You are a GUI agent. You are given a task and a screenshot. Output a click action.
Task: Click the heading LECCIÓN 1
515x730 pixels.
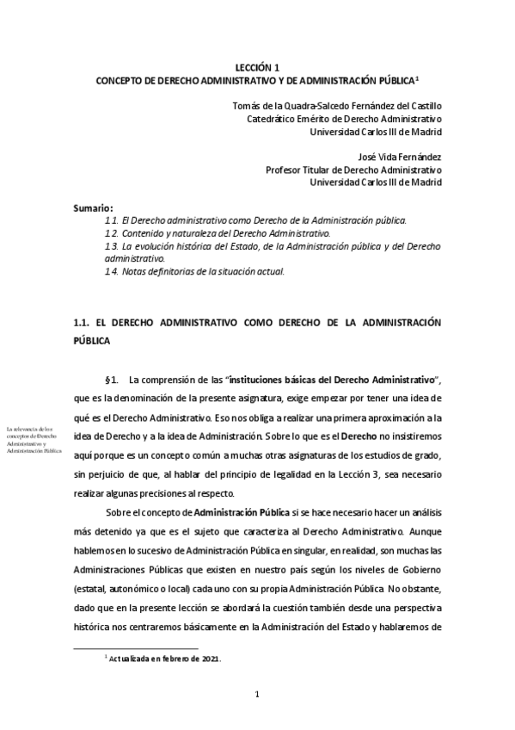pyautogui.click(x=258, y=67)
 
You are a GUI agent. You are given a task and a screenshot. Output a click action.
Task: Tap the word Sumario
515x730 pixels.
pyautogui.click(x=94, y=207)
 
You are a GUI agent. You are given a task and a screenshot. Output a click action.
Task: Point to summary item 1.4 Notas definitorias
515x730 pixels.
pyautogui.click(x=193, y=271)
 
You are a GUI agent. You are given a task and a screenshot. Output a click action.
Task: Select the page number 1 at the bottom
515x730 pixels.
pyautogui.click(x=258, y=694)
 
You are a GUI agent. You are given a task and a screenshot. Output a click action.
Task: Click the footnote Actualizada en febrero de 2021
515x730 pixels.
pyautogui.click(x=163, y=659)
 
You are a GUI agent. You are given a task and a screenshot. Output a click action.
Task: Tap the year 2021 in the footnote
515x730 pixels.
pyautogui.click(x=211, y=659)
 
